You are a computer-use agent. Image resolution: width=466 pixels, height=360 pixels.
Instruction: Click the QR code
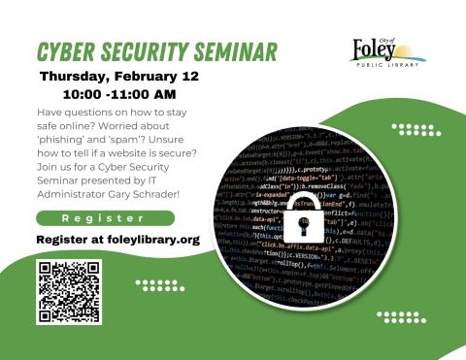coord(69,292)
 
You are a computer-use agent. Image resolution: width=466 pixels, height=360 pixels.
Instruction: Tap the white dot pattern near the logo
coord(410,129)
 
